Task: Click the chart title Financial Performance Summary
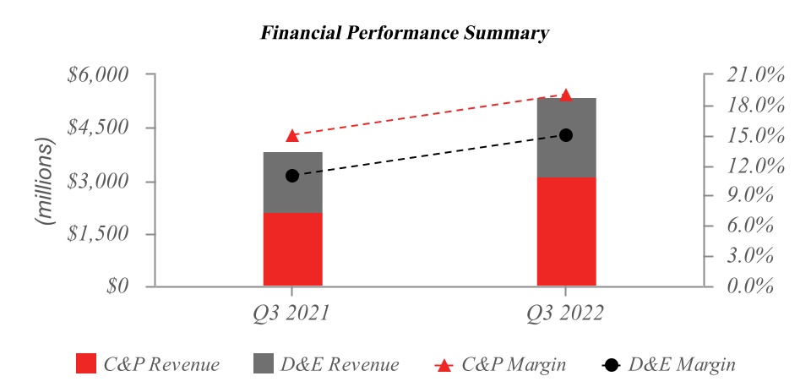[405, 34]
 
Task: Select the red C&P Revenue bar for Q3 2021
[292, 249]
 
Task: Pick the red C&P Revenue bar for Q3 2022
[566, 232]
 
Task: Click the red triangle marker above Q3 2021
[292, 135]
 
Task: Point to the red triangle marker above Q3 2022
[566, 95]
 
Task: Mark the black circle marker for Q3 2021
[292, 176]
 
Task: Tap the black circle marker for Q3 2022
[566, 135]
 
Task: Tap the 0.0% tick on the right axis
[751, 286]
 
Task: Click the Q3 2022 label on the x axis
[565, 313]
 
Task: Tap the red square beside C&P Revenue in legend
[85, 364]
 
